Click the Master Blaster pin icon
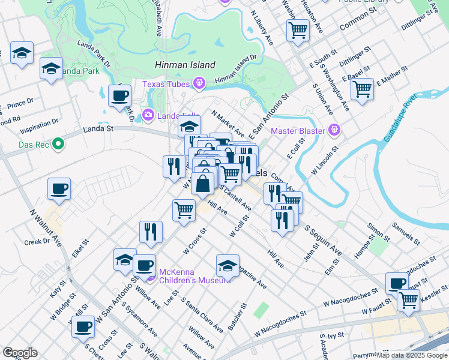(334, 130)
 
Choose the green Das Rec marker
(58, 144)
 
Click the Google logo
(20, 353)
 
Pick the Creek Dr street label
(37, 241)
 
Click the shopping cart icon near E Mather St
(362, 89)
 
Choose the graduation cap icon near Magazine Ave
(228, 265)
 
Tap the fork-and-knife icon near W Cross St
(151, 232)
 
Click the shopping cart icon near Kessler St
(409, 299)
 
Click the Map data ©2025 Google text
(412, 355)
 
